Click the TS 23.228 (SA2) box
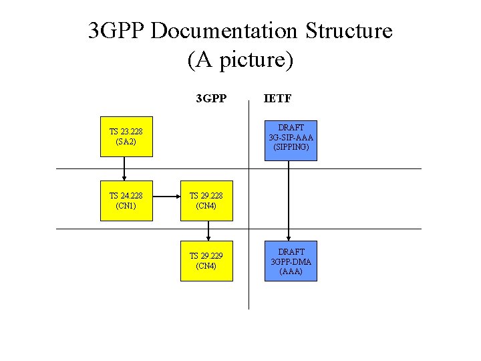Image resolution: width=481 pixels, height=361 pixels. (x=126, y=136)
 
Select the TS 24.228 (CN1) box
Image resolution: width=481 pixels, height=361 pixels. (x=126, y=201)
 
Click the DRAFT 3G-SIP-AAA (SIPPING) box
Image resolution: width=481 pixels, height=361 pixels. (x=291, y=141)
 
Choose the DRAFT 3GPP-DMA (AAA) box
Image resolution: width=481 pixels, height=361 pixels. (x=291, y=261)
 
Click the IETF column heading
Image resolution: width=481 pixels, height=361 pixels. (x=277, y=99)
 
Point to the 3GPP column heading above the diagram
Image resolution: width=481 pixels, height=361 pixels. (x=211, y=99)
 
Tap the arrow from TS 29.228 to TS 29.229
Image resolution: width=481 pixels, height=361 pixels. (x=208, y=231)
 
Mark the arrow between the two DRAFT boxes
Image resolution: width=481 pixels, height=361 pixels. (x=289, y=201)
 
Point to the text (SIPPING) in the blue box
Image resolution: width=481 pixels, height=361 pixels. (x=291, y=147)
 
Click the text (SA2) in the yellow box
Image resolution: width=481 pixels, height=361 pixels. (x=126, y=142)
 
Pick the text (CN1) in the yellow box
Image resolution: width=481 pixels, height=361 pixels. (x=126, y=206)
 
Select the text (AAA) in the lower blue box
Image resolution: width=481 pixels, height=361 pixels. (x=291, y=271)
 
